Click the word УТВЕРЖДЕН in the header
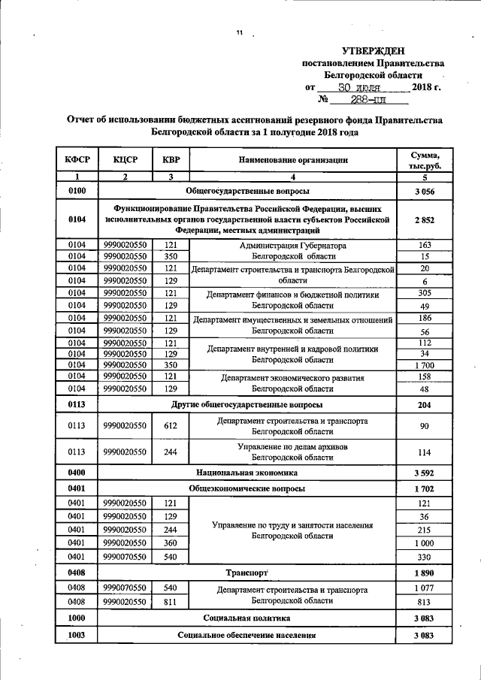coord(373,50)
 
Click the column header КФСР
coord(77,159)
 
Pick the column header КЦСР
coord(125,159)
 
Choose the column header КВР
coord(171,159)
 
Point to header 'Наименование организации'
coord(293,159)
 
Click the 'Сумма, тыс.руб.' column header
coord(425,159)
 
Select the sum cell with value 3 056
coord(425,192)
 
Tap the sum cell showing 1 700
coord(425,364)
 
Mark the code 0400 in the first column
coord(77,473)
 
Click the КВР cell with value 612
coord(171,427)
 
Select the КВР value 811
coord(171,601)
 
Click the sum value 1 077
coord(425,587)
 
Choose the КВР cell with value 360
coord(171,542)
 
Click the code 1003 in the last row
coord(77,635)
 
